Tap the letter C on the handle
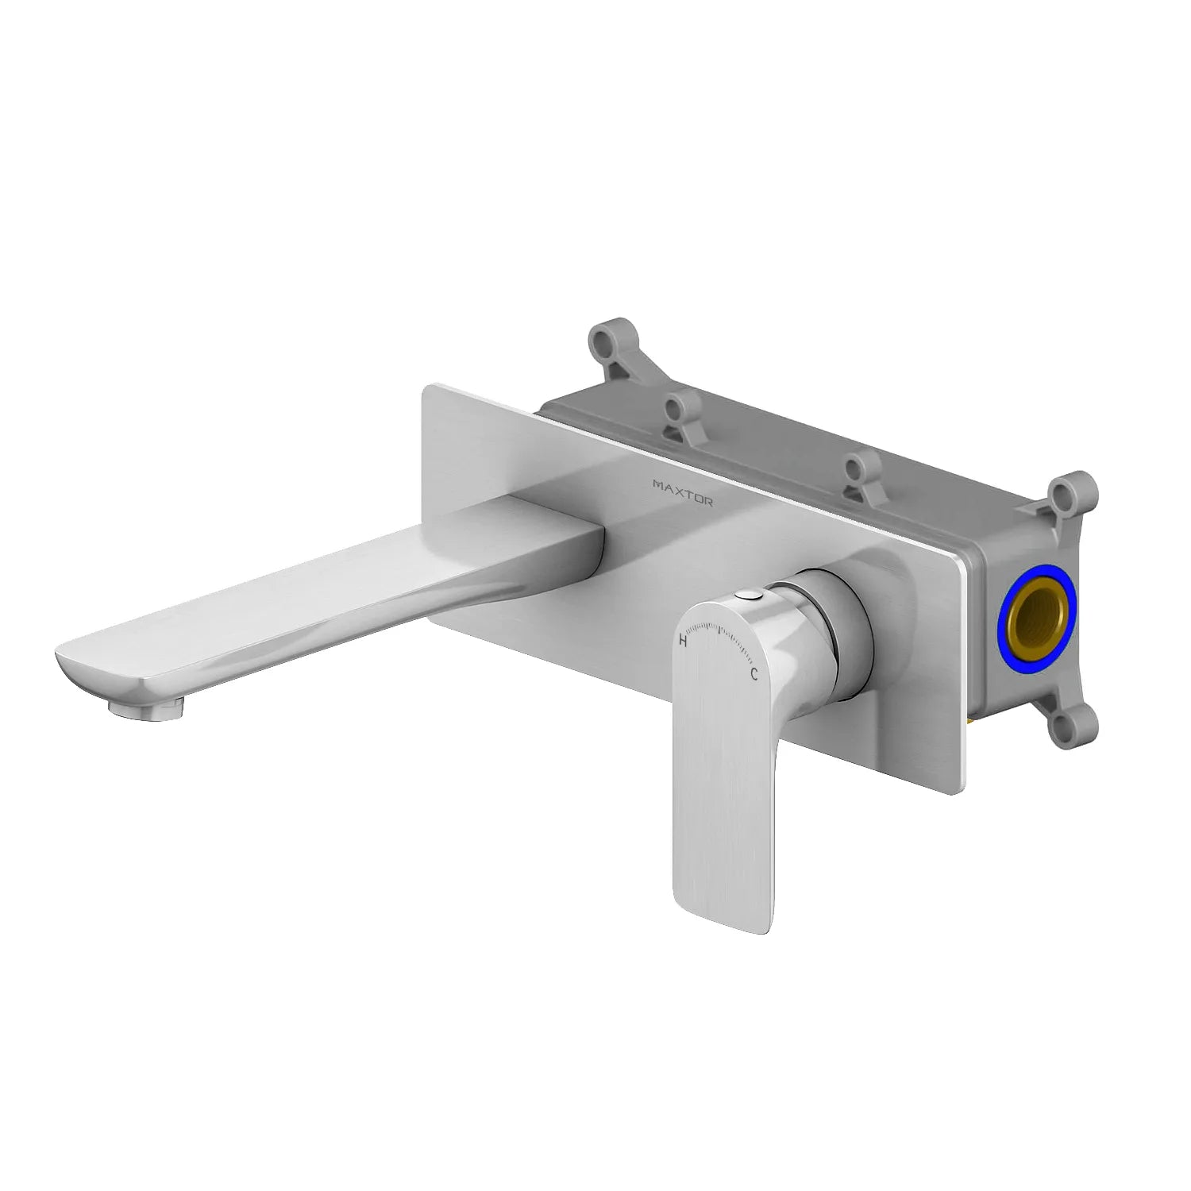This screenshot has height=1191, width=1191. pyautogui.click(x=754, y=675)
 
